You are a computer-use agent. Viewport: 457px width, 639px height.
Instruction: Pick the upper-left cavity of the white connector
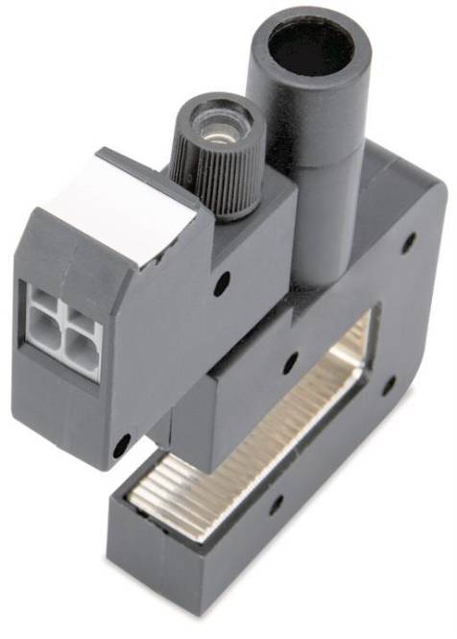[43, 312]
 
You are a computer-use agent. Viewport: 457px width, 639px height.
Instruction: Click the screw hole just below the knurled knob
[223, 284]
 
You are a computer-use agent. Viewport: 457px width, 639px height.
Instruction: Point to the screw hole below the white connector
[122, 445]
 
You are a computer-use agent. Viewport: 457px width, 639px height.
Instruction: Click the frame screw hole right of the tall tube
[408, 240]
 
